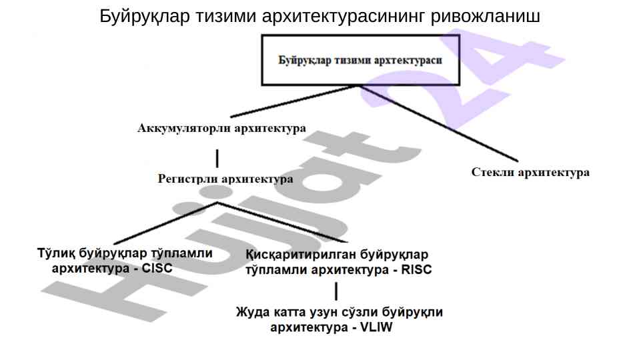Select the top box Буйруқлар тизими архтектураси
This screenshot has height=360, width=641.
coord(360,59)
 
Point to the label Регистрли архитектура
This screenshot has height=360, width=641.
coord(225,179)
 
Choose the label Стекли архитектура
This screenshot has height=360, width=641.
coord(530,172)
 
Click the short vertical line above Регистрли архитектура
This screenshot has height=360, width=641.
coord(217,159)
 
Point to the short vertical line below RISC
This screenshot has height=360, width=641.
coord(336,291)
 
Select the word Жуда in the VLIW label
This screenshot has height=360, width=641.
coord(250,312)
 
